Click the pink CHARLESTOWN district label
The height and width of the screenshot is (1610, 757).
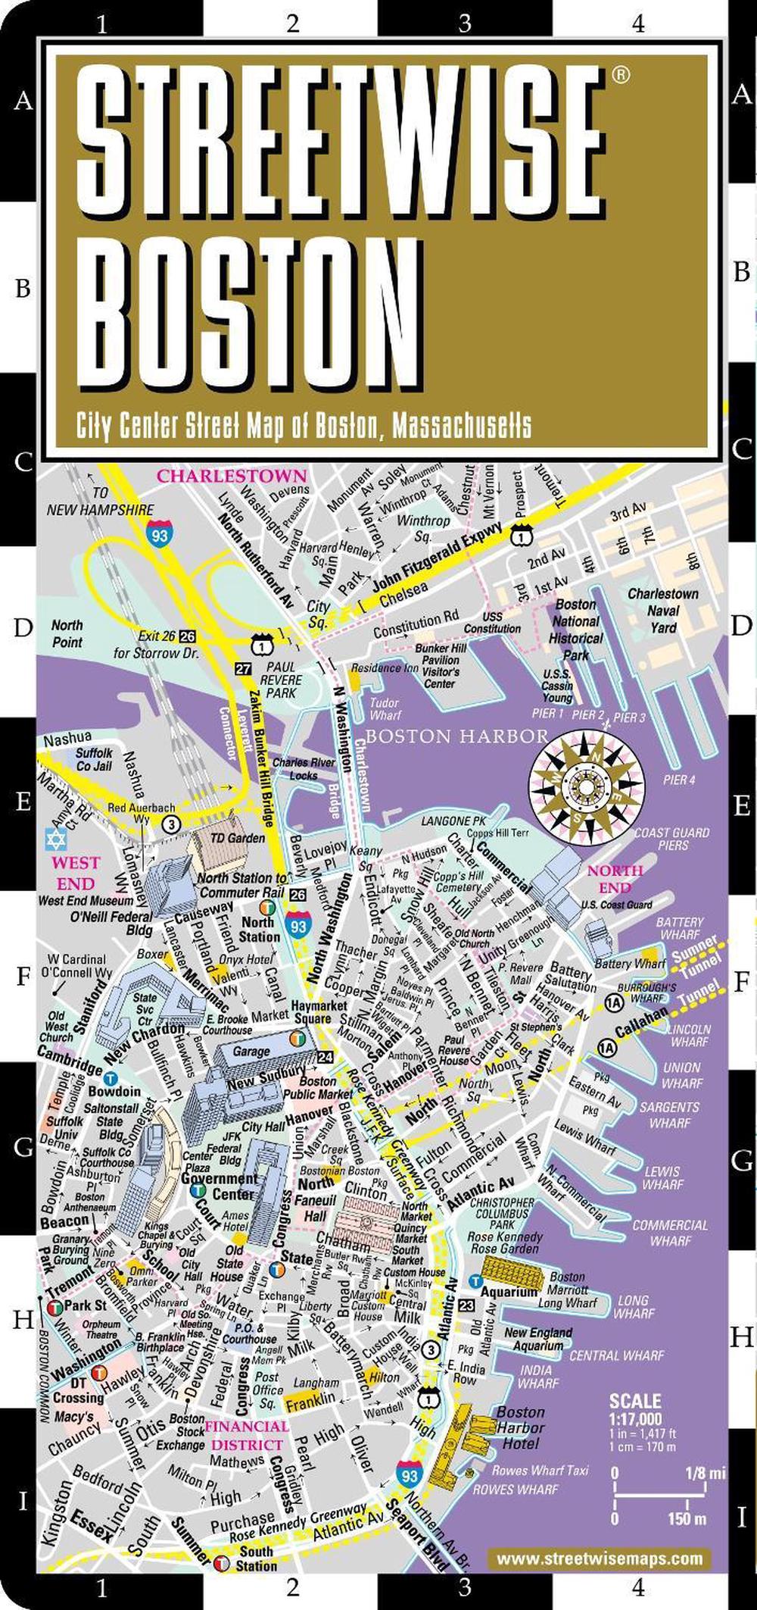232,477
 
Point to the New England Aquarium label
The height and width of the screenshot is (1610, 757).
538,1339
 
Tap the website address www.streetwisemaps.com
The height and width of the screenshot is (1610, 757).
599,1558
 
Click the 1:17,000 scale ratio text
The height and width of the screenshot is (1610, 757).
636,1418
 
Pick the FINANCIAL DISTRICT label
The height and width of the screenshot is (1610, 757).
248,1435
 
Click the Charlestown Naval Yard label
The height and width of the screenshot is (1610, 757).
663,611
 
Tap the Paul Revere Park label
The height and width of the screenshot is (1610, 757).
280,680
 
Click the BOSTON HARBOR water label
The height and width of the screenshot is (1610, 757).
457,736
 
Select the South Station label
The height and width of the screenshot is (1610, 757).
256,1559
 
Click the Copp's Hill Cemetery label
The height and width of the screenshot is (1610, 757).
458,881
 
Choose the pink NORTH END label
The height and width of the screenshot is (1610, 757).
615,879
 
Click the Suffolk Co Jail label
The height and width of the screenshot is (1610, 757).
94,759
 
